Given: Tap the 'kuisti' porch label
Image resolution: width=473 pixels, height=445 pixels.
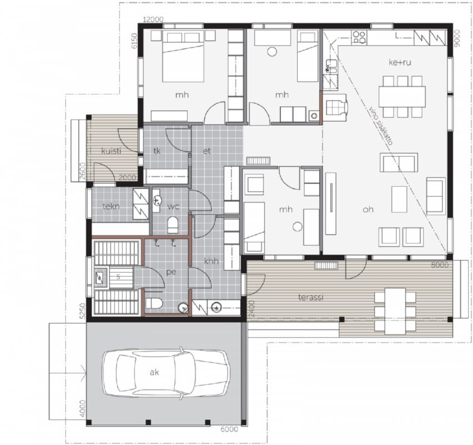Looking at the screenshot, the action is click(x=111, y=151).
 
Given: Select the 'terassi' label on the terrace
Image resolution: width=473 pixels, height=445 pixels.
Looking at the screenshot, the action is click(x=311, y=298).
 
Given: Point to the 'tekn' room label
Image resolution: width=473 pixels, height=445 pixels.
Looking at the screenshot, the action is click(x=111, y=206).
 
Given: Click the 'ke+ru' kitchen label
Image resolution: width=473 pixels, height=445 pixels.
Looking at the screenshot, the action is click(x=400, y=62).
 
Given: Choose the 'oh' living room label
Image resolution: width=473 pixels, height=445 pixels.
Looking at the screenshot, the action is click(x=368, y=209).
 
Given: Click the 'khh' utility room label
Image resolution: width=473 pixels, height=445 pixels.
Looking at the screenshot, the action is click(x=211, y=261).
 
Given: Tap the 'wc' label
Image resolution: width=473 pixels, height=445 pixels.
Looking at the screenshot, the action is click(x=173, y=207).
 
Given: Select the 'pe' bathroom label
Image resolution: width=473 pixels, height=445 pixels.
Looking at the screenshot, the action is click(x=171, y=272).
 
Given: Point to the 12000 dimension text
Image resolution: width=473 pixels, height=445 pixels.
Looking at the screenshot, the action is click(x=153, y=19).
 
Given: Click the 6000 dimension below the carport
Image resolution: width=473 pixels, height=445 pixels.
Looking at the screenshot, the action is click(x=229, y=429).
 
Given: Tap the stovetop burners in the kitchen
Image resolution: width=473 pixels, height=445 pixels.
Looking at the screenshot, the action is click(x=359, y=37).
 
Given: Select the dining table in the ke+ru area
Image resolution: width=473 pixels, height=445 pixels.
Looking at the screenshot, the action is click(x=402, y=97).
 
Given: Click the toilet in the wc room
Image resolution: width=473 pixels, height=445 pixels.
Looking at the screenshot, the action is click(x=173, y=225).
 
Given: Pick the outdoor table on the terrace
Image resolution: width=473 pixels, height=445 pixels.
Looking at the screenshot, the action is click(x=395, y=311).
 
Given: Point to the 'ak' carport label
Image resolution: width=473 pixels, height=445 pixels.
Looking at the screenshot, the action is click(x=154, y=372).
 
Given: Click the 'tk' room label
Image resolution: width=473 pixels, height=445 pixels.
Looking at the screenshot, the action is click(x=157, y=151).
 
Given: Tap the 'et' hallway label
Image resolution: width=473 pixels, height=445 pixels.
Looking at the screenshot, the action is click(x=207, y=151).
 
